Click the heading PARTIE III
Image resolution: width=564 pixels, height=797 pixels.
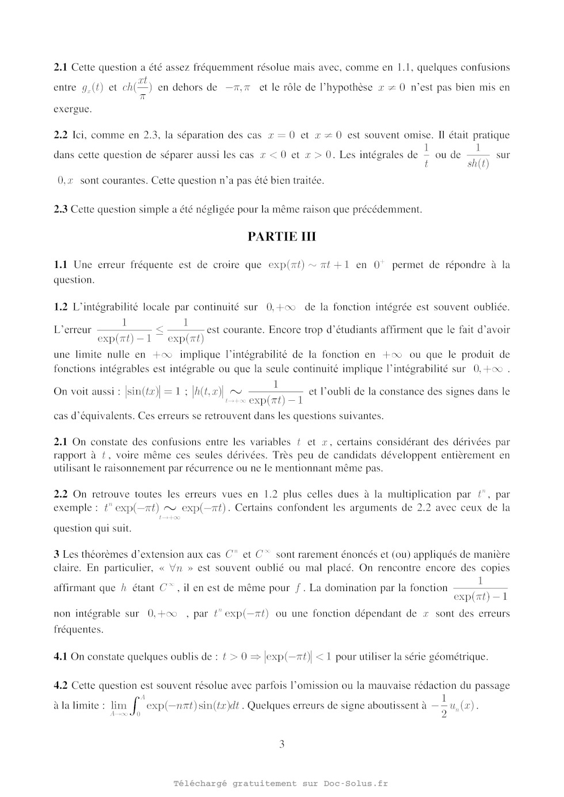coord(281,236)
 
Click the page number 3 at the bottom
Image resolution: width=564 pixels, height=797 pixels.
coord(281,744)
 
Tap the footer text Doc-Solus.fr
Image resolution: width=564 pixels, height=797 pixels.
coord(356,783)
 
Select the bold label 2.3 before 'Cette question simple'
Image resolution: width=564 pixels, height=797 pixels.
coord(60,209)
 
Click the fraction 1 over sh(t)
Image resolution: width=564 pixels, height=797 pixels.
coord(478,155)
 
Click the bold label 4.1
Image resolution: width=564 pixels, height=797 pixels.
coord(60,656)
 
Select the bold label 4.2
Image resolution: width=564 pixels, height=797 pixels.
coord(60,685)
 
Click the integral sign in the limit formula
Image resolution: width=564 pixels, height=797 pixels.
coord(137,706)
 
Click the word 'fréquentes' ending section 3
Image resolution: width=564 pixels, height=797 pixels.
coord(78,629)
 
